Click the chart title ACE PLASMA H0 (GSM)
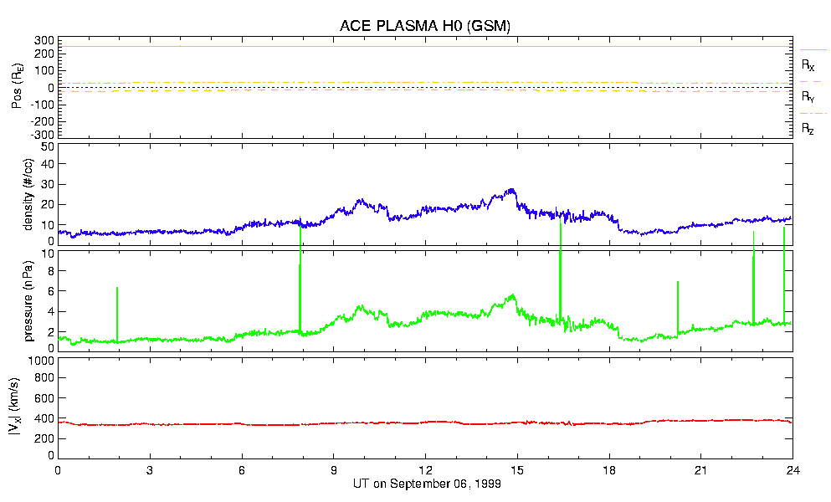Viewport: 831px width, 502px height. (x=424, y=26)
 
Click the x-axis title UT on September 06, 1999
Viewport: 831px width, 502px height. (x=425, y=484)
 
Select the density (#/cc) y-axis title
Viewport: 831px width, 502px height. (x=28, y=195)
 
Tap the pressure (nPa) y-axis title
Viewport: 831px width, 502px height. (x=28, y=300)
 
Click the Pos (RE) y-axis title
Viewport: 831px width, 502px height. (x=17, y=88)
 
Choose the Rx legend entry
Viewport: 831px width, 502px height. (x=808, y=64)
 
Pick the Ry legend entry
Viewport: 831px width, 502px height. (x=808, y=97)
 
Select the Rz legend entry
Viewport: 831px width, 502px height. (x=808, y=129)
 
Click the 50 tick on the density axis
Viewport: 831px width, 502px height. (x=47, y=146)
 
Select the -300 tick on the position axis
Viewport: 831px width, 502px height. (x=41, y=134)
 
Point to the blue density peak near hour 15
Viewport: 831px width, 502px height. (x=511, y=191)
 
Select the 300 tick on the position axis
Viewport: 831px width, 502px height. (x=44, y=40)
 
